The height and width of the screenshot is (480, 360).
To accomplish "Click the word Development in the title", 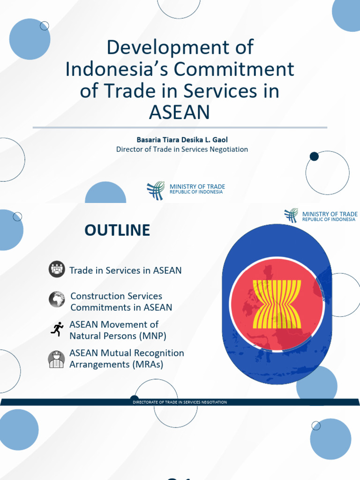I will click(180, 48).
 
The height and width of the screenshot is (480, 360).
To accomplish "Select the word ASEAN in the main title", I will click(179, 113).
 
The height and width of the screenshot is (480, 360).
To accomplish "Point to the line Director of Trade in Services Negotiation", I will click(182, 150).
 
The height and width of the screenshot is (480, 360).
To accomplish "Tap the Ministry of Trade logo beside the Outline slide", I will click(291, 216).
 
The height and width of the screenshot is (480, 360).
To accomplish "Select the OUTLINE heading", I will click(117, 230).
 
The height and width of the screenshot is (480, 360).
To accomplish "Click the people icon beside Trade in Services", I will click(57, 270).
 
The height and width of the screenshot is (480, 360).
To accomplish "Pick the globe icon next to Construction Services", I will click(57, 299).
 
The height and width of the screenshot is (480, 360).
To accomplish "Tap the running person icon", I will click(57, 329).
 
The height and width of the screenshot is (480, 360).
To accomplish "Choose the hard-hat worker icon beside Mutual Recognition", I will click(57, 359).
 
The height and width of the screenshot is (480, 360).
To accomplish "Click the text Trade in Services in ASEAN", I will click(125, 270).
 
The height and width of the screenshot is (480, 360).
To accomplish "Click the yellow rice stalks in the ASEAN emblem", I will click(277, 304).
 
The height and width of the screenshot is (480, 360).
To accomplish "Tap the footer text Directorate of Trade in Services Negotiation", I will click(180, 402).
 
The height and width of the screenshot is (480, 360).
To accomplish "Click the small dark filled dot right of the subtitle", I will click(314, 157).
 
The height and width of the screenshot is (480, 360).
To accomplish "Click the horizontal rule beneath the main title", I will click(180, 127).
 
